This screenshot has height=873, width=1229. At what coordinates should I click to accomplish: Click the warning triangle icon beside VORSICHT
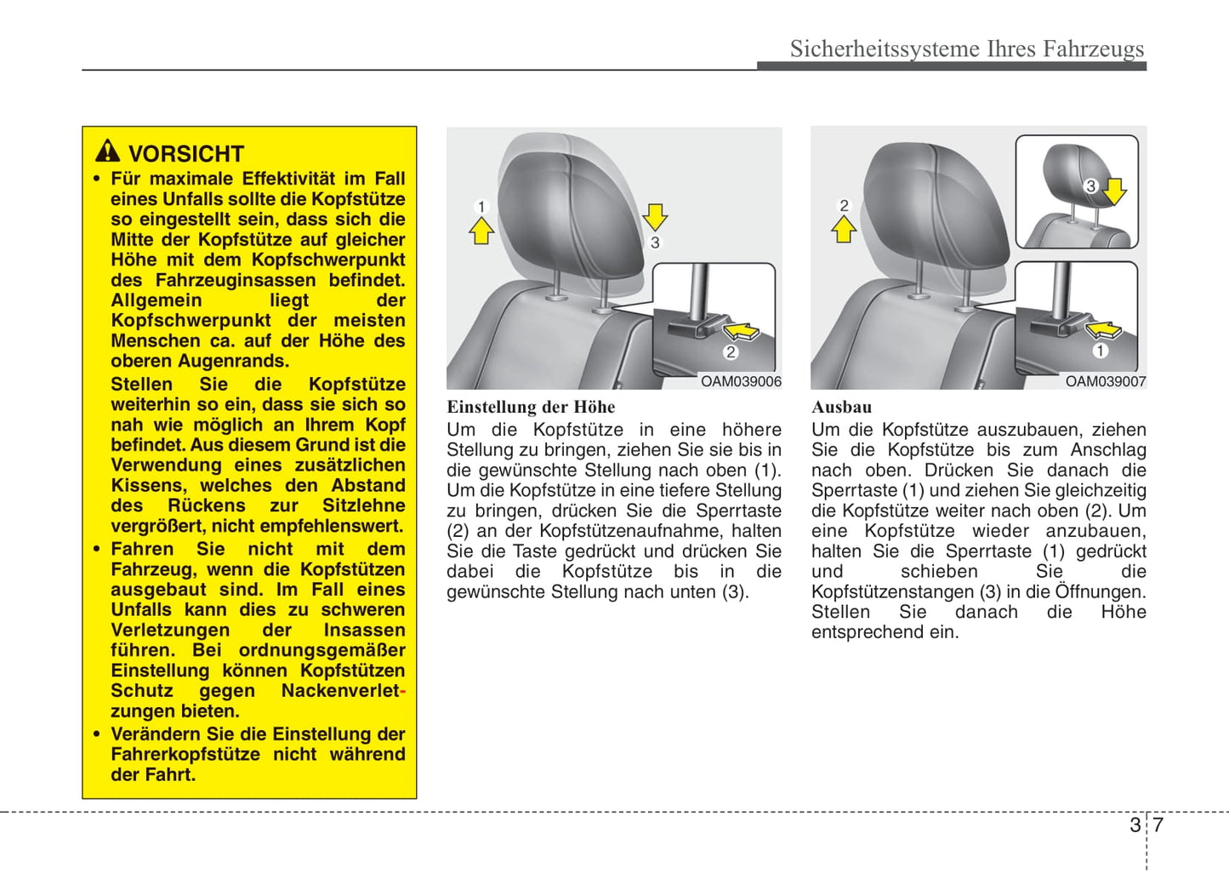click(x=107, y=151)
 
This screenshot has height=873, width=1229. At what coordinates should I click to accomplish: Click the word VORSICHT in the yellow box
click(x=185, y=154)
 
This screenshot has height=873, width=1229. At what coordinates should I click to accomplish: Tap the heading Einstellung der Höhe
click(x=531, y=407)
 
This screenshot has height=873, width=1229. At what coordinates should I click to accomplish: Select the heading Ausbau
click(x=841, y=407)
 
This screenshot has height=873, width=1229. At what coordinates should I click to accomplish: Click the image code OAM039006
click(x=740, y=382)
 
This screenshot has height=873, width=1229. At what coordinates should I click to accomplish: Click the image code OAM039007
click(x=1105, y=382)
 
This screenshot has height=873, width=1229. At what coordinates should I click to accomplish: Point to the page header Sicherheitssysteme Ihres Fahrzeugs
click(x=966, y=48)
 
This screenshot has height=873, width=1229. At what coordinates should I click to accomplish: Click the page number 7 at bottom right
click(x=1158, y=824)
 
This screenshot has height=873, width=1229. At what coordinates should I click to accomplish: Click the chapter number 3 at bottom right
click(x=1135, y=824)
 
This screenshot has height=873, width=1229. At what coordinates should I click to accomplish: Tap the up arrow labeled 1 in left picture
click(x=481, y=230)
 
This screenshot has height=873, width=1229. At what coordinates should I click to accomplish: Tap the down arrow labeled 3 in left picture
click(x=655, y=216)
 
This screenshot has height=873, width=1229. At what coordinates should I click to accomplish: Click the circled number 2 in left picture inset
click(x=731, y=351)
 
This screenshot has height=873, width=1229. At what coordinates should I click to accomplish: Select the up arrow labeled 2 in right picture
click(x=844, y=228)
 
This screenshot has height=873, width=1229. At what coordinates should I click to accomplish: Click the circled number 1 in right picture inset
click(x=1100, y=351)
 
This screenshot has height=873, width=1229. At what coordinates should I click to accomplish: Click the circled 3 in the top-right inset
click(x=1091, y=185)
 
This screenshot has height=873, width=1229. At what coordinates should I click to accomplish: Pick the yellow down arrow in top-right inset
click(x=1114, y=191)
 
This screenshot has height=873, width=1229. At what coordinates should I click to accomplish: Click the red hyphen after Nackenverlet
click(x=402, y=691)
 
